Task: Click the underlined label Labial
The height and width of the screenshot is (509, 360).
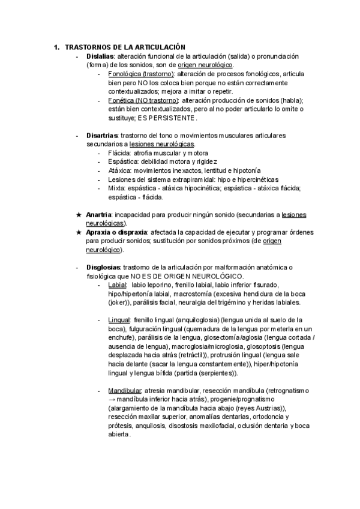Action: pyautogui.click(x=118, y=285)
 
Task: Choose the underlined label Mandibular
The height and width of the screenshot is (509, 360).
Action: pyautogui.click(x=125, y=391)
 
